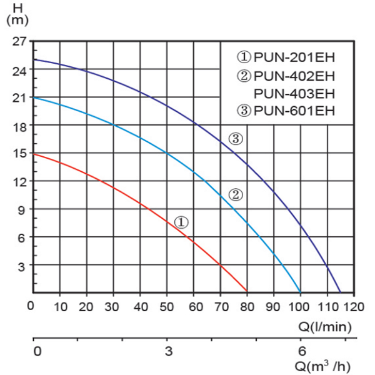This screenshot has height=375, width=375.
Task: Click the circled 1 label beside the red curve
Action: [x=181, y=222]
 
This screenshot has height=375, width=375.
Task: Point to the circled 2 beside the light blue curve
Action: [x=236, y=194]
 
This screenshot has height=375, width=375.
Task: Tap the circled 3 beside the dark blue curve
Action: [x=235, y=139]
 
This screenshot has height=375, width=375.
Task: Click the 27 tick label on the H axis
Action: [x=19, y=42]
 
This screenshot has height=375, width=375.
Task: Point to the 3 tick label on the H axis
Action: [x=22, y=266]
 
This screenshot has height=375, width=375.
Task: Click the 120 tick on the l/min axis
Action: [x=354, y=307]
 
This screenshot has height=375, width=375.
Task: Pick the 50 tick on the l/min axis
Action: [x=167, y=307]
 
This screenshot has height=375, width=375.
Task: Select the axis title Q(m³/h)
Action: [x=326, y=365]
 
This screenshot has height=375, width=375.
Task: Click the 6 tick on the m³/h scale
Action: [x=301, y=351]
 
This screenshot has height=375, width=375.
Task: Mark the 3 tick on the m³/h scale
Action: [x=167, y=351]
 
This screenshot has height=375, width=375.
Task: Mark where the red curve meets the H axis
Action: [x=33, y=154]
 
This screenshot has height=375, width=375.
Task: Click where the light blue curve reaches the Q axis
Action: [x=301, y=292]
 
